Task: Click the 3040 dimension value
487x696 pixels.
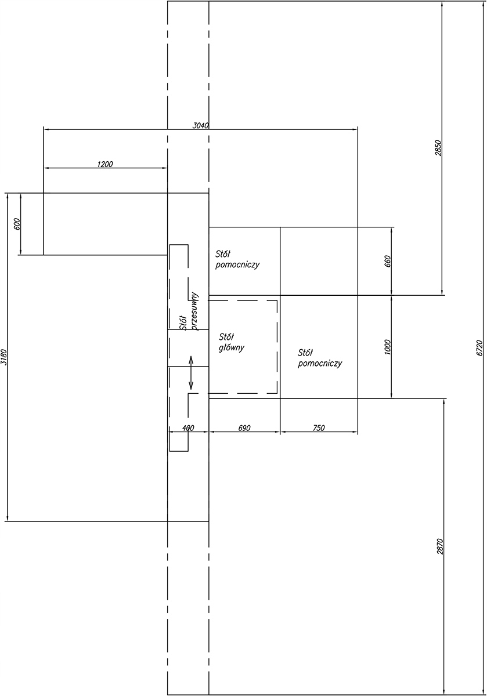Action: (201, 125)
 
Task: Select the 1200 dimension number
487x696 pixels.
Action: (105, 164)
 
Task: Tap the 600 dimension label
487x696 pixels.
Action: (16, 223)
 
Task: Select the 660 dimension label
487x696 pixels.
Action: (388, 261)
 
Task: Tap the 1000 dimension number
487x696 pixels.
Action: (388, 347)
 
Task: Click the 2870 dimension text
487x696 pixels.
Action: (439, 547)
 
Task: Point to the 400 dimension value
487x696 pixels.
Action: (187, 428)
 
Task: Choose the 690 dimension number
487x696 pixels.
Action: (244, 428)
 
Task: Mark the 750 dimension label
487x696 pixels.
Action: (319, 428)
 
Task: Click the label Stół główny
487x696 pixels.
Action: (232, 342)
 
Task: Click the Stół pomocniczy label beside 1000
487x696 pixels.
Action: (319, 358)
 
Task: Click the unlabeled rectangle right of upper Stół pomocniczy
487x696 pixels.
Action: (319, 261)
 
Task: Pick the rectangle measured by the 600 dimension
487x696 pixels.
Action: (104, 224)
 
